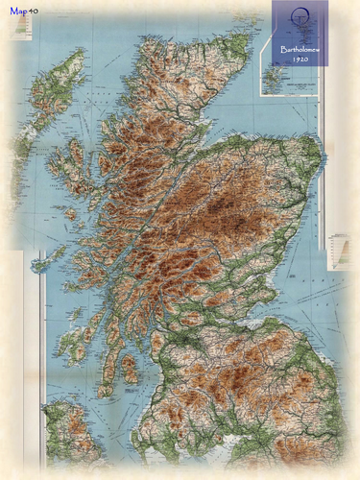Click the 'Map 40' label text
pyautogui.click(x=24, y=12)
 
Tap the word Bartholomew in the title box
pyautogui.click(x=300, y=47)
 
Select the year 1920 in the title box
pyautogui.click(x=300, y=59)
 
